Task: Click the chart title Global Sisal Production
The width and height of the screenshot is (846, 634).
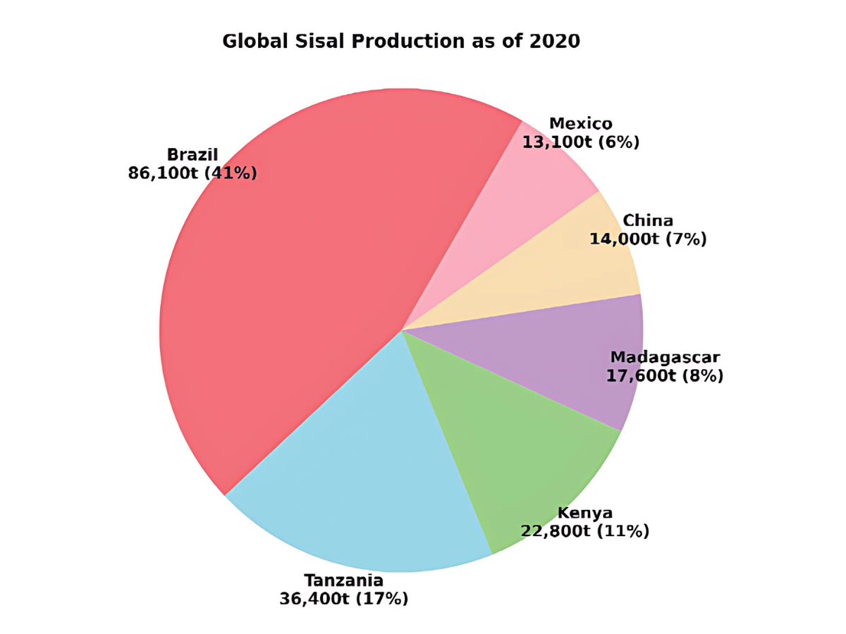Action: pyautogui.click(x=400, y=42)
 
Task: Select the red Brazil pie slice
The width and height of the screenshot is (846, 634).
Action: pyautogui.click(x=296, y=282)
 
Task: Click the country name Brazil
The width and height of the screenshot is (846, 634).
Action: pyautogui.click(x=192, y=154)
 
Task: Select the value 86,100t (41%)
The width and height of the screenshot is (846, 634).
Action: pyautogui.click(x=192, y=173)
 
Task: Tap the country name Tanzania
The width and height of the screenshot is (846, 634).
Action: pyautogui.click(x=344, y=580)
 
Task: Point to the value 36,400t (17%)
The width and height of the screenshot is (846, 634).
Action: pyautogui.click(x=344, y=599)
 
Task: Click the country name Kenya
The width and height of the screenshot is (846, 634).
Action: pyautogui.click(x=585, y=512)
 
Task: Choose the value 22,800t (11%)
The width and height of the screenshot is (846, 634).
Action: pyautogui.click(x=585, y=531)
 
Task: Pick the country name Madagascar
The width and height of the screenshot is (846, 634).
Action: pyautogui.click(x=665, y=357)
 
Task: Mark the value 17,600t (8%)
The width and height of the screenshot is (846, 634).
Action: pyautogui.click(x=665, y=376)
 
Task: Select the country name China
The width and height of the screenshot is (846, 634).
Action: pyautogui.click(x=648, y=220)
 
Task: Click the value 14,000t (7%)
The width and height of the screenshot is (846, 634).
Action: pyautogui.click(x=648, y=240)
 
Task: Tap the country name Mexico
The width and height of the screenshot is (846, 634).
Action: pyautogui.click(x=581, y=124)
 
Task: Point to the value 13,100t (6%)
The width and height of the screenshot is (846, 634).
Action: pyautogui.click(x=581, y=143)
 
